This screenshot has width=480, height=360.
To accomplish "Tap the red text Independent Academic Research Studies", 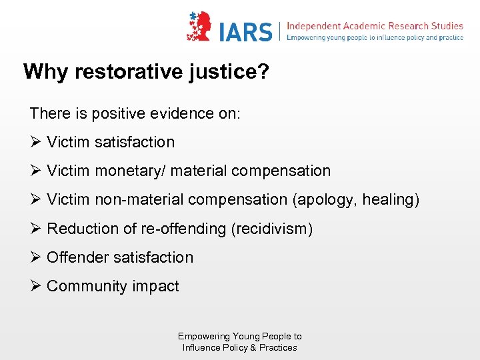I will pos(374,26).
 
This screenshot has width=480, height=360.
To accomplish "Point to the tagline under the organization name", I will pos(374,38).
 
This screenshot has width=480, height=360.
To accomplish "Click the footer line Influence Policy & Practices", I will pos(240,347).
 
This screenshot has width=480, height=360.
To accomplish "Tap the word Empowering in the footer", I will pos(204,336).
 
